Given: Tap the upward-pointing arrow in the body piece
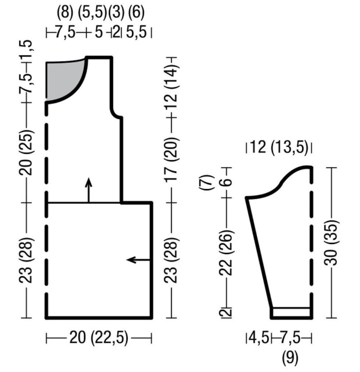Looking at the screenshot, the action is point(88,190).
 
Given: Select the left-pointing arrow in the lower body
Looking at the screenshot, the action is point(139,260).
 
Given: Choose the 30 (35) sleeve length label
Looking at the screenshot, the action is point(331,243).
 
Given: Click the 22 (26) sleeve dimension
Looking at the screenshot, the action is point(225,252).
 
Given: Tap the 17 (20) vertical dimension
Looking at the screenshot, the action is point(171,159).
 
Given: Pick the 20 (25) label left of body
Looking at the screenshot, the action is point(26,152).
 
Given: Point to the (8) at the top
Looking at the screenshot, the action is point(65,13).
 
